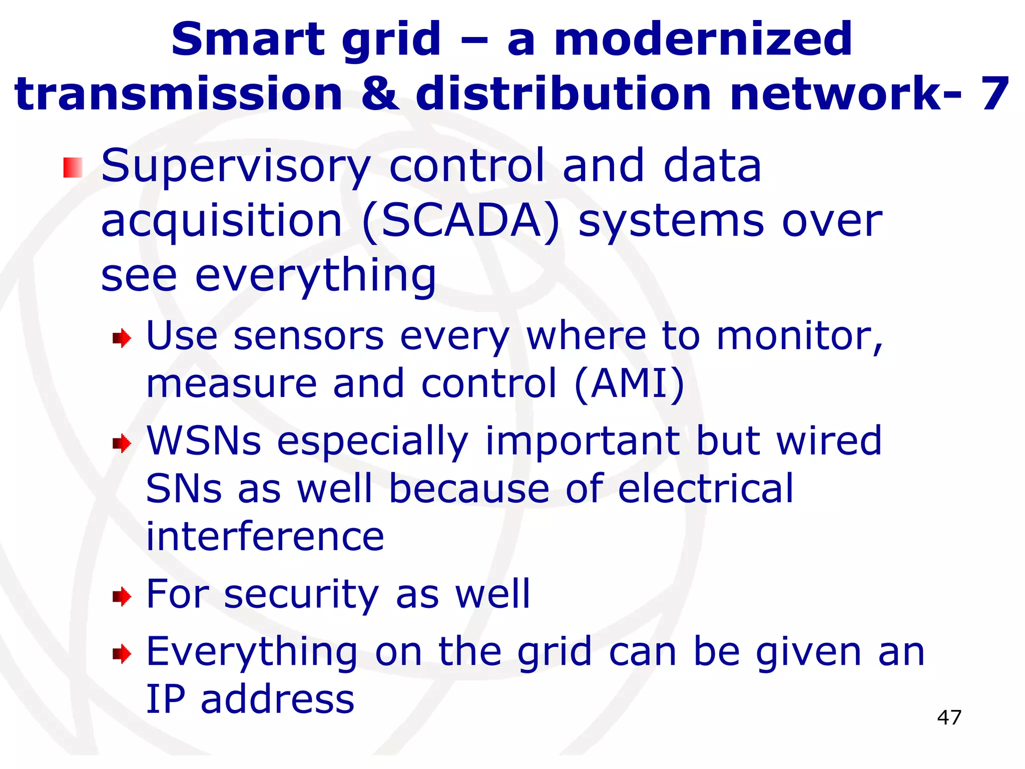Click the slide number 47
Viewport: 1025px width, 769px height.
pyautogui.click(x=949, y=717)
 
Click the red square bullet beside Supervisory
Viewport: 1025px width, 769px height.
pyautogui.click(x=73, y=167)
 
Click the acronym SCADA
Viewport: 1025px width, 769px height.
pyautogui.click(x=460, y=221)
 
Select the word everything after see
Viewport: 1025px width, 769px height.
pyautogui.click(x=315, y=277)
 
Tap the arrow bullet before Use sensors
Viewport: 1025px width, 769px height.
pyautogui.click(x=122, y=339)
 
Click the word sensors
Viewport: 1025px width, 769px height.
pyautogui.click(x=308, y=336)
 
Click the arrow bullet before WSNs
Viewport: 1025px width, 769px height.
pyautogui.click(x=122, y=443)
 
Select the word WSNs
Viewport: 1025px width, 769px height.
pyautogui.click(x=204, y=441)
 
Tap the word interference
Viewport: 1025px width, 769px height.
pyautogui.click(x=265, y=537)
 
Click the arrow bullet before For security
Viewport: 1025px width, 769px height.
pyautogui.click(x=122, y=596)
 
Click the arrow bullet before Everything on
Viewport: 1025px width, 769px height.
pyautogui.click(x=122, y=653)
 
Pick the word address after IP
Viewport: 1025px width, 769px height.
pyautogui.click(x=277, y=699)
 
